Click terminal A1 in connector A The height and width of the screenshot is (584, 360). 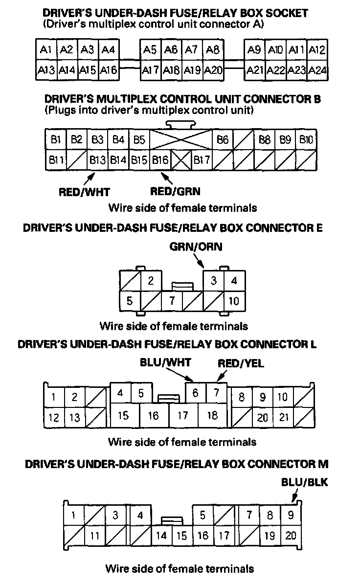(x=46, y=50)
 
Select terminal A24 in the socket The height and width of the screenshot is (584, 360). (x=318, y=70)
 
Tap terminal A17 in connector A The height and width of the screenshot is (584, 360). (x=150, y=70)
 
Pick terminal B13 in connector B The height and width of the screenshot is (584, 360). (x=97, y=160)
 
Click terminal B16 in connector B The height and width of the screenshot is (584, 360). (x=160, y=160)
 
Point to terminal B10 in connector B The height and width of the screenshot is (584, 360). (x=306, y=140)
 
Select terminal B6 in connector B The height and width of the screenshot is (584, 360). (x=223, y=140)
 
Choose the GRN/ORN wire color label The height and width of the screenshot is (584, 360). (x=196, y=247)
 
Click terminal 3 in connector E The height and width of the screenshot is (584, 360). (x=214, y=281)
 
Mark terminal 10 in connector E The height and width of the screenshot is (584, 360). (x=234, y=300)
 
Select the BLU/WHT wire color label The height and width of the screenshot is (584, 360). (x=165, y=362)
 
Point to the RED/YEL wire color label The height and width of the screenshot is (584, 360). (x=241, y=362)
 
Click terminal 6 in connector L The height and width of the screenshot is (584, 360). (x=196, y=392)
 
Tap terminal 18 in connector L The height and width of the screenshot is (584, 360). (x=212, y=415)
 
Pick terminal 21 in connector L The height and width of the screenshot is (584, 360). (x=283, y=417)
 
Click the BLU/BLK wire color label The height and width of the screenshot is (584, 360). (x=304, y=482)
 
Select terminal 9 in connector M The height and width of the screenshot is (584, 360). (x=291, y=515)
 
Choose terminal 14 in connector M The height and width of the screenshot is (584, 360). (x=161, y=536)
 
